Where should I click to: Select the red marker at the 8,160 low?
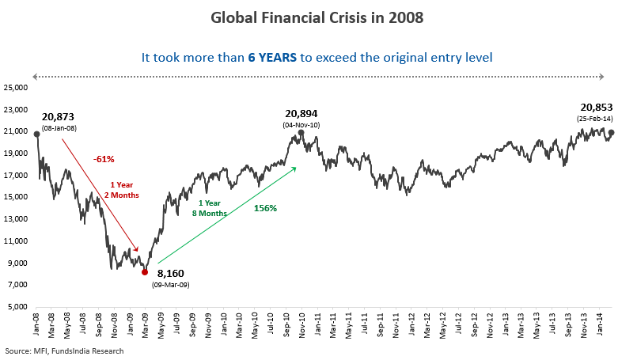pyautogui.click(x=145, y=271)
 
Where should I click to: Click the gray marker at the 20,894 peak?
pyautogui.click(x=301, y=133)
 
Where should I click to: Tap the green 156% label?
pyautogui.click(x=265, y=208)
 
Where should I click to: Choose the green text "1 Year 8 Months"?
pyautogui.click(x=210, y=208)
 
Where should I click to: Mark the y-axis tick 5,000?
pyautogui.click(x=18, y=306)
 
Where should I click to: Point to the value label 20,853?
pyautogui.click(x=597, y=107)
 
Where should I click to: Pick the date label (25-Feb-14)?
pyautogui.click(x=597, y=118)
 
